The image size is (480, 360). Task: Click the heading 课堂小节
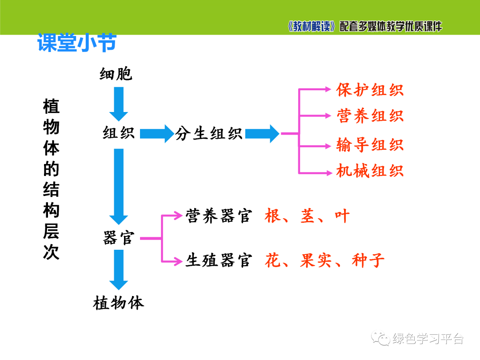(x=76, y=43)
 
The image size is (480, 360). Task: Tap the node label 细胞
(x=116, y=74)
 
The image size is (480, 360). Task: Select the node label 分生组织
(x=209, y=133)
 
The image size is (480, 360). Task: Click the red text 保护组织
(x=370, y=89)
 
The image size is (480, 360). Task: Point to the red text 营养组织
(x=370, y=116)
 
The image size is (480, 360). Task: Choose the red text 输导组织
(x=370, y=145)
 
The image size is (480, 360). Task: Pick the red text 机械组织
(x=370, y=171)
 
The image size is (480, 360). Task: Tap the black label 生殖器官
(x=218, y=260)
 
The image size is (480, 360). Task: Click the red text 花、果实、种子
(x=324, y=260)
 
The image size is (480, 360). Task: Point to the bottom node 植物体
(x=119, y=304)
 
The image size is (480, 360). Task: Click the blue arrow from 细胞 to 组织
(x=119, y=104)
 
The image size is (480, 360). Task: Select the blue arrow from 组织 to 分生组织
(x=156, y=133)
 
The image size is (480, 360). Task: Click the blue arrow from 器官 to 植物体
(x=119, y=269)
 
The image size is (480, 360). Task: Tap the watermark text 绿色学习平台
(x=428, y=339)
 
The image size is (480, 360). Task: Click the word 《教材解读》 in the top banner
(x=311, y=27)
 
